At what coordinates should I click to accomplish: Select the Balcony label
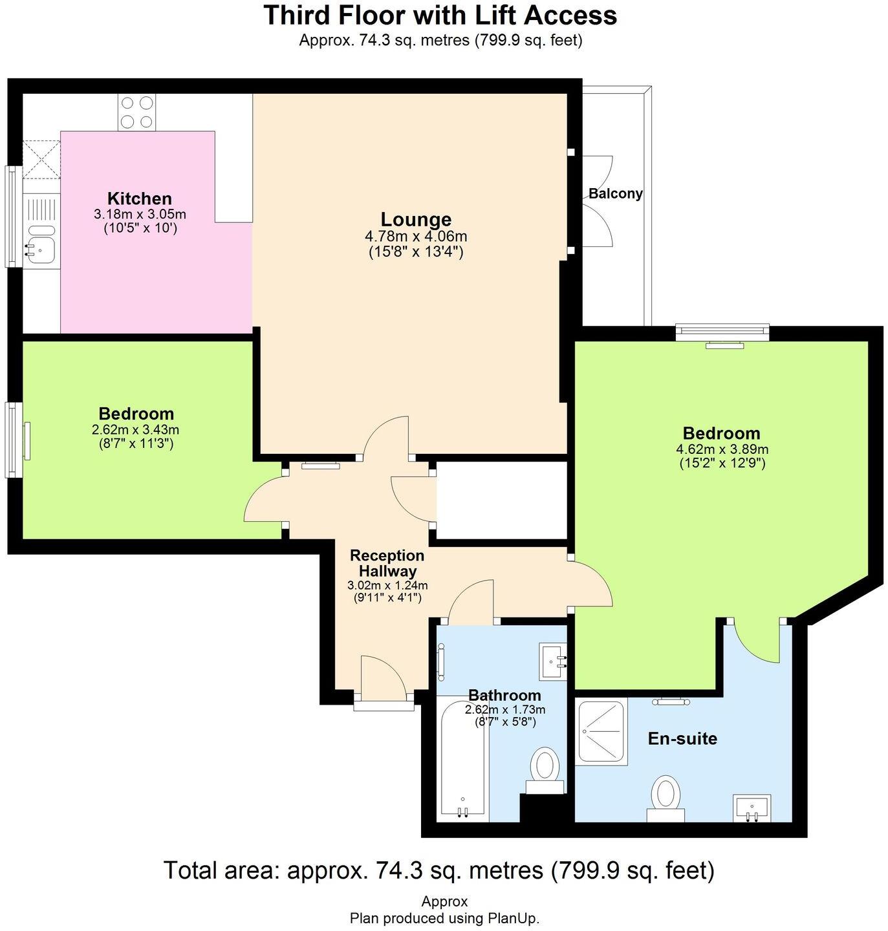(x=615, y=193)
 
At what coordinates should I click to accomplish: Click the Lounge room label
(x=415, y=219)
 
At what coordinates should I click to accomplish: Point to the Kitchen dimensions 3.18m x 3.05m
(x=140, y=214)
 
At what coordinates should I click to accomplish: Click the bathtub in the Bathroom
(x=462, y=760)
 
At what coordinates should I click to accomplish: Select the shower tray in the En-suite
(x=601, y=732)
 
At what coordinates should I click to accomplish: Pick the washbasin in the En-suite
(x=752, y=808)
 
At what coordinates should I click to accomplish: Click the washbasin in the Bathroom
(x=553, y=661)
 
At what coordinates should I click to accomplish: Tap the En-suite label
(x=682, y=738)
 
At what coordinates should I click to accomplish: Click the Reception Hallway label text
(x=387, y=563)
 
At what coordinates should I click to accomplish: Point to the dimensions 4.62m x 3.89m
(x=722, y=449)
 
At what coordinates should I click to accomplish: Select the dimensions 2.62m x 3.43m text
(x=136, y=429)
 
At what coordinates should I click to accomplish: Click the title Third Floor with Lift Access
(x=440, y=16)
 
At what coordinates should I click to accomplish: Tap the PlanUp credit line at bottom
(x=444, y=918)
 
